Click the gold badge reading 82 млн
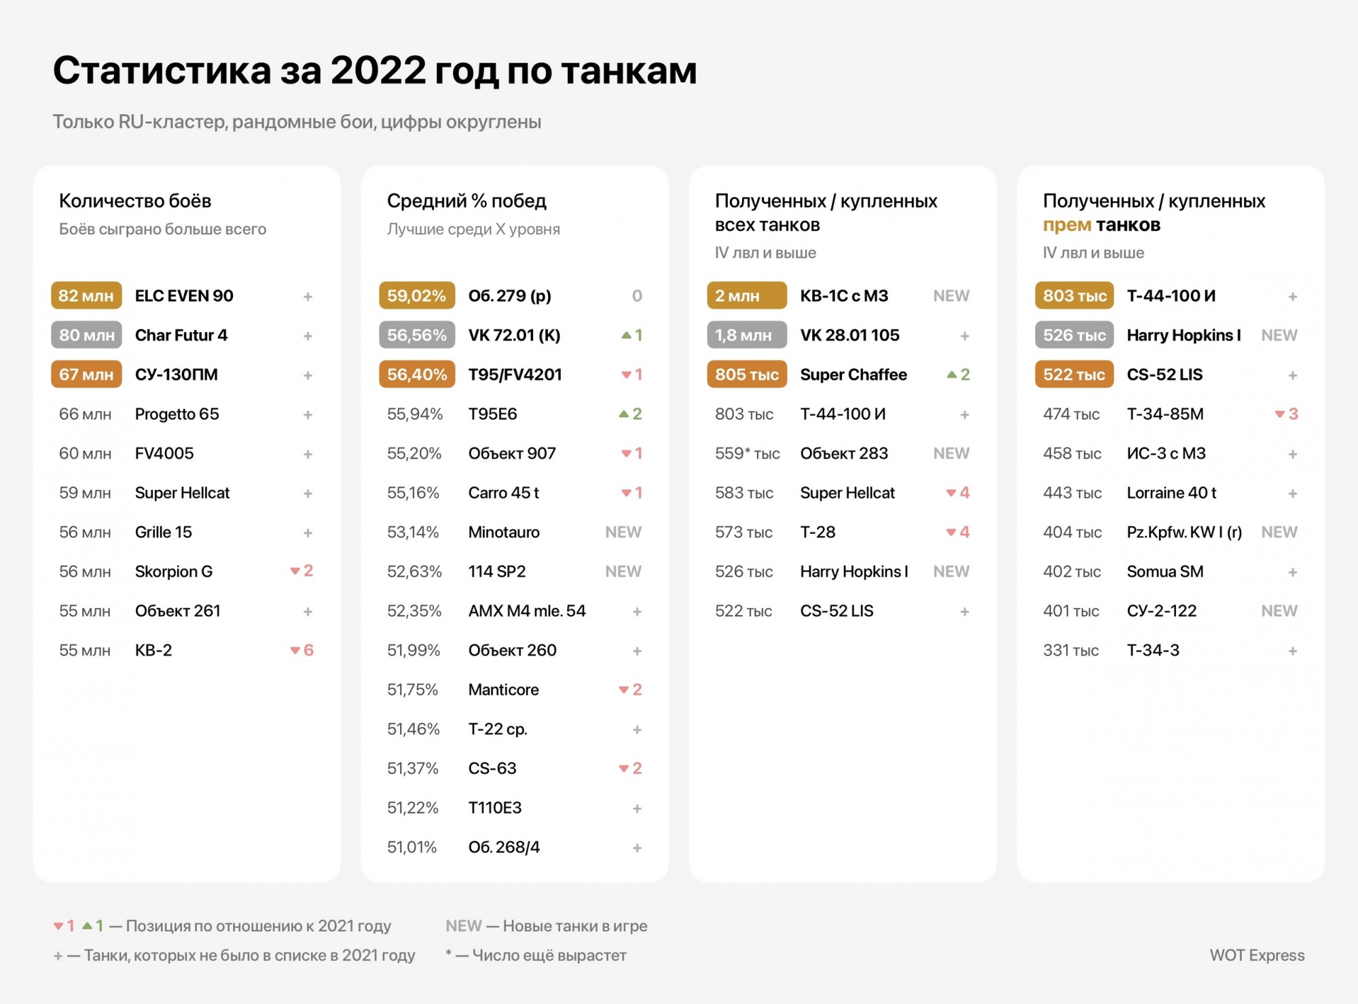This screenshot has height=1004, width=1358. pyautogui.click(x=86, y=295)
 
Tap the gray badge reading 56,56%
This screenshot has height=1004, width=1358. pyautogui.click(x=417, y=335)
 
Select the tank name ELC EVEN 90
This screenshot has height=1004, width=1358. pyautogui.click(x=184, y=295)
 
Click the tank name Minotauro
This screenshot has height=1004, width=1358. pyautogui.click(x=504, y=532)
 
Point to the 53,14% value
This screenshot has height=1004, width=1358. pyautogui.click(x=413, y=532)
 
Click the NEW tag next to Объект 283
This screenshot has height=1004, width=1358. pyautogui.click(x=951, y=453)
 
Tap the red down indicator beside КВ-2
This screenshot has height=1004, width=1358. pyautogui.click(x=301, y=650)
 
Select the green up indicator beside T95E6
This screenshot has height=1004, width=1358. pyautogui.click(x=630, y=414)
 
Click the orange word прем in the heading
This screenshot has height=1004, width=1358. pyautogui.click(x=1067, y=225)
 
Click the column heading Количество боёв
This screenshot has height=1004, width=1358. pyautogui.click(x=135, y=200)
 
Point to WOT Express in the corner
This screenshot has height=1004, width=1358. pyautogui.click(x=1257, y=955)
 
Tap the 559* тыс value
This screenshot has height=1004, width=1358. pyautogui.click(x=747, y=453)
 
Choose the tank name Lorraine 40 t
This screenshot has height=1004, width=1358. pyautogui.click(x=1171, y=492)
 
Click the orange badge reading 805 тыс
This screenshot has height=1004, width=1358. pyautogui.click(x=747, y=374)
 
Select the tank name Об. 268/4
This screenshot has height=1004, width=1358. pyautogui.click(x=504, y=847)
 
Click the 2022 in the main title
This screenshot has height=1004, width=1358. pyautogui.click(x=378, y=70)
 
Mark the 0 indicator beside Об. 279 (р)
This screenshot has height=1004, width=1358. pyautogui.click(x=637, y=295)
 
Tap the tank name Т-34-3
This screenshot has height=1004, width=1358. pyautogui.click(x=1153, y=650)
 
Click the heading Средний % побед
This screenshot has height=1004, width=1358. pyautogui.click(x=466, y=200)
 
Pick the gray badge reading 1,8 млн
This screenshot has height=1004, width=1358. pyautogui.click(x=747, y=335)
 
